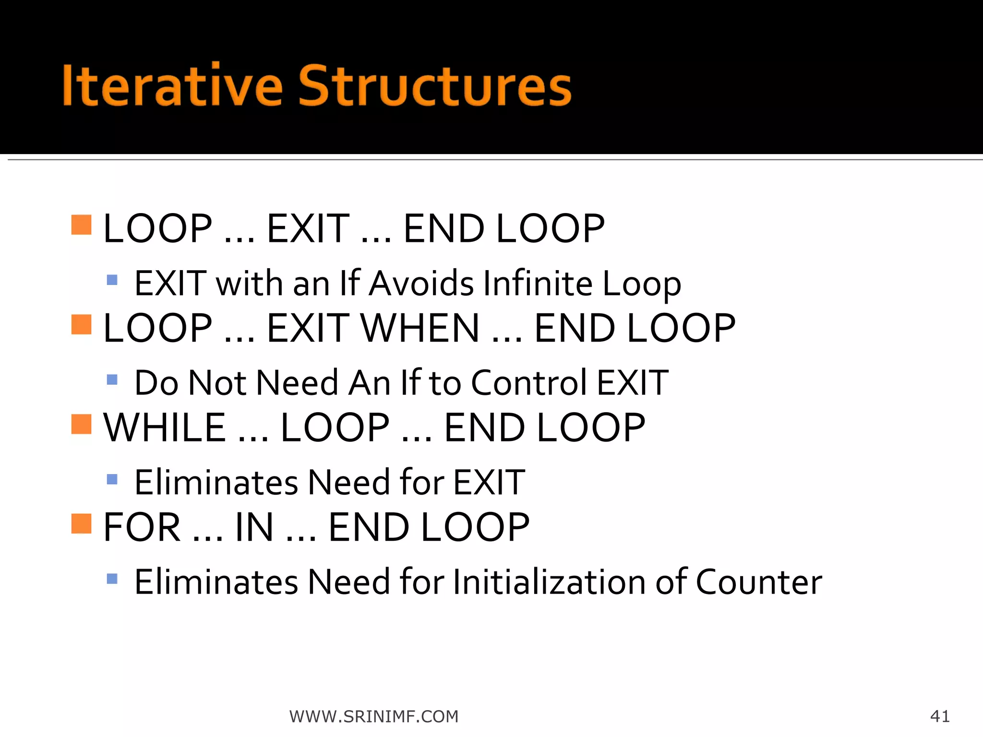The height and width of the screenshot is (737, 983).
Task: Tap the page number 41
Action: click(939, 716)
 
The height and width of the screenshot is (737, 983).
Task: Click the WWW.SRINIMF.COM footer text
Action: click(374, 716)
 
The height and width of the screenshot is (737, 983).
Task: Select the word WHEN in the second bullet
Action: click(420, 328)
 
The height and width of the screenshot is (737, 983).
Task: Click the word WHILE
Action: click(165, 428)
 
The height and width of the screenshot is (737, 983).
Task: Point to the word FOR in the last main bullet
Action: click(142, 527)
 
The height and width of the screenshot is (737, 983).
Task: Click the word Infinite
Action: click(538, 284)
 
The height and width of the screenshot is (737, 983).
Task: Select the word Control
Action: click(529, 383)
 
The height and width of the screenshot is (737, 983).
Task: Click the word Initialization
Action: click(550, 582)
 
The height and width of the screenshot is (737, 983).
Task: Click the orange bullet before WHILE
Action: click(81, 424)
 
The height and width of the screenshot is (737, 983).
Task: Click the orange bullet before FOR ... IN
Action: click(81, 523)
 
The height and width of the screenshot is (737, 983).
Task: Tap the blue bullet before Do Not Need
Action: click(112, 380)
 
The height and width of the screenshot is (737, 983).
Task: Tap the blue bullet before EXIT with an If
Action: click(112, 280)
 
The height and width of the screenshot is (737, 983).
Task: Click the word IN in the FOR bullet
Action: click(254, 527)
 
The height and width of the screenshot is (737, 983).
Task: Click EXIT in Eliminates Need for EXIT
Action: click(489, 482)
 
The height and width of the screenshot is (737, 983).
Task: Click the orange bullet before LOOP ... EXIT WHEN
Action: click(81, 324)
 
